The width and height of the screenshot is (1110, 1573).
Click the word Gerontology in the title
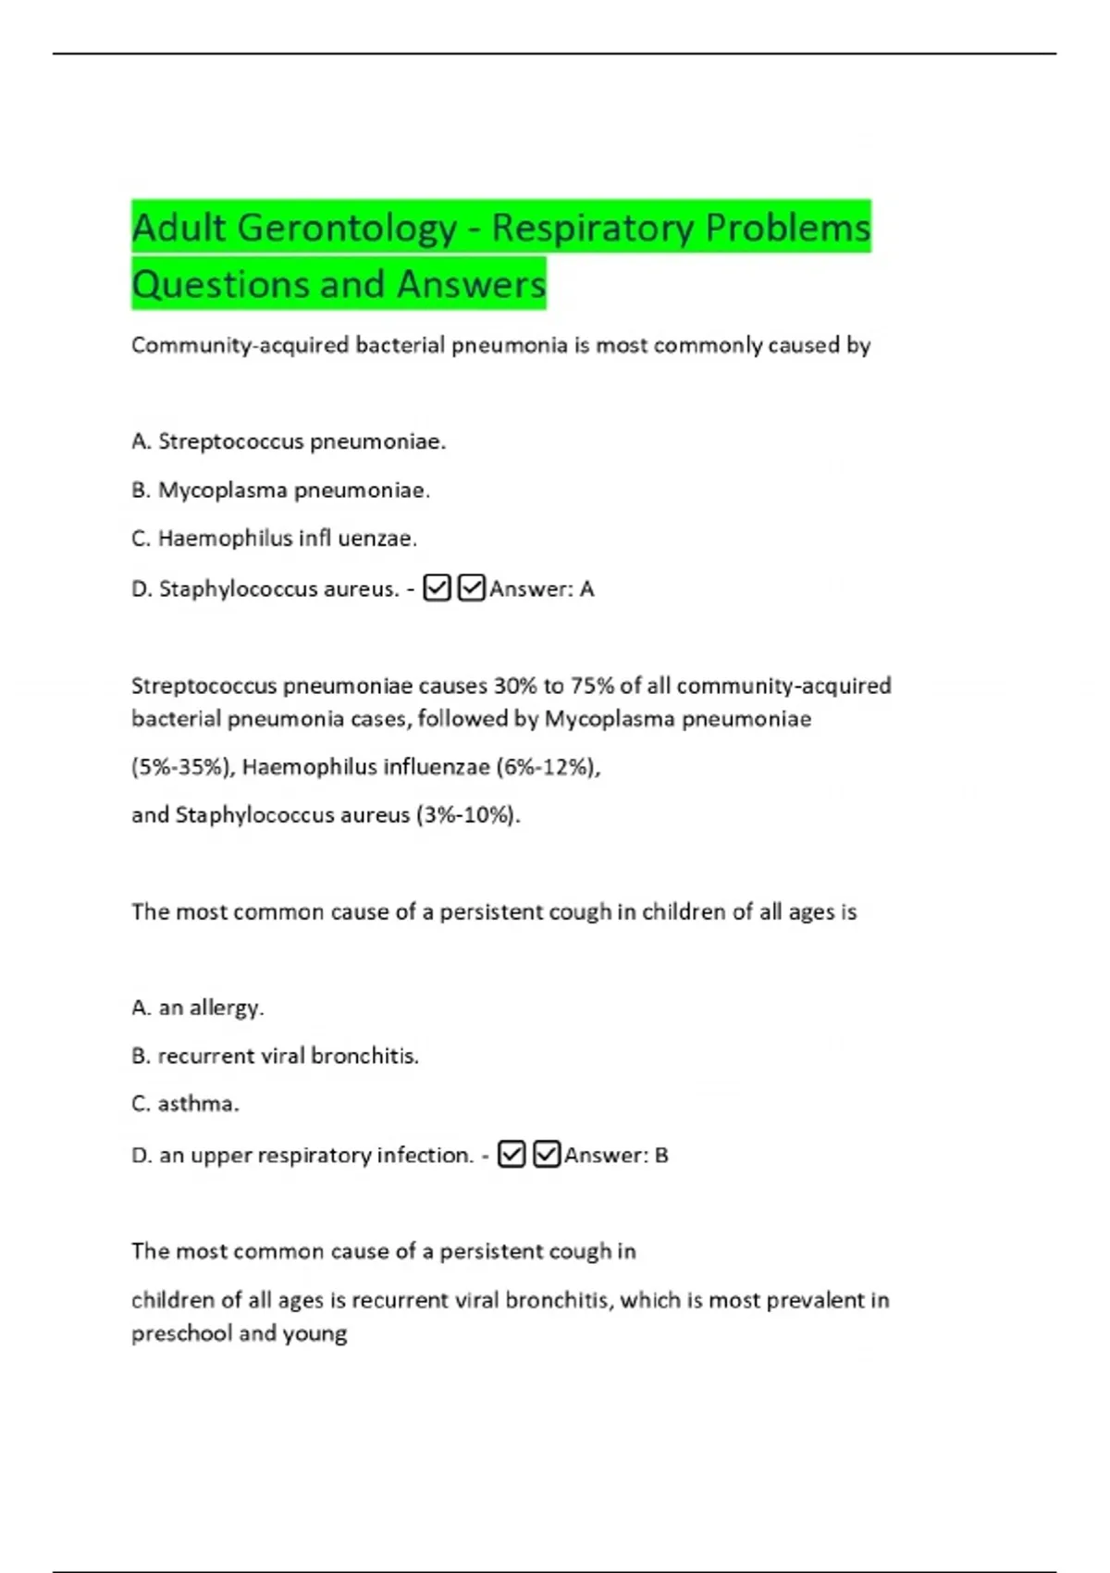pos(347,229)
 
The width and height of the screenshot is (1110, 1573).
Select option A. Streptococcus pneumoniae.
pos(289,441)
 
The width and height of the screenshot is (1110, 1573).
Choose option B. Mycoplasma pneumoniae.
pos(281,489)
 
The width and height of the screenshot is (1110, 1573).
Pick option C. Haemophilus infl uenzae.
pos(275,538)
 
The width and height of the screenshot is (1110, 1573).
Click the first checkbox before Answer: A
pos(437,588)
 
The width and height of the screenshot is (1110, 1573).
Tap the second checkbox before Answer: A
pos(471,588)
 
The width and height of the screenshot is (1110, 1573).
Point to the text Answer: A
pos(542,588)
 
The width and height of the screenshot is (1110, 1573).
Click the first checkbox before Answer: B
pos(512,1154)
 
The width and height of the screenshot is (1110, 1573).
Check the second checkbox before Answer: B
pos(547,1154)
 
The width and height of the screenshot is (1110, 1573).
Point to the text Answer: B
pos(616,1155)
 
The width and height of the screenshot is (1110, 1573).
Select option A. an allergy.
pos(198,1007)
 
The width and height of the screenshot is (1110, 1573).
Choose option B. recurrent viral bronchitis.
pos(276,1056)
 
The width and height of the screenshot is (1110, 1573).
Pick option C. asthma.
pos(186,1104)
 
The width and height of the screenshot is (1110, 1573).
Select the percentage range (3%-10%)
pos(468,814)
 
